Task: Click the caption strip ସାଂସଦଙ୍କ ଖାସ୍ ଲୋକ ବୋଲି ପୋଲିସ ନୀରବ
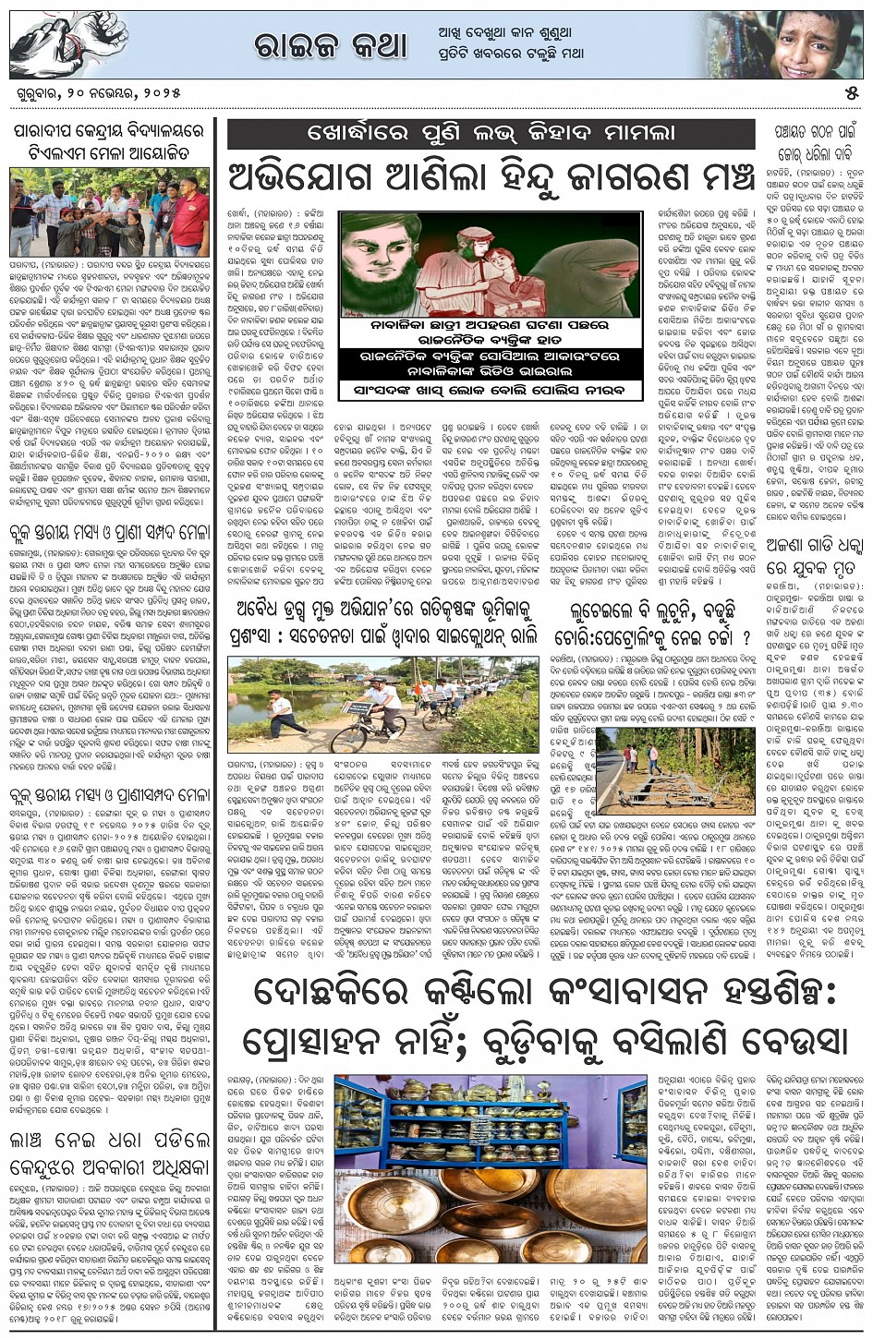[490, 392]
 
